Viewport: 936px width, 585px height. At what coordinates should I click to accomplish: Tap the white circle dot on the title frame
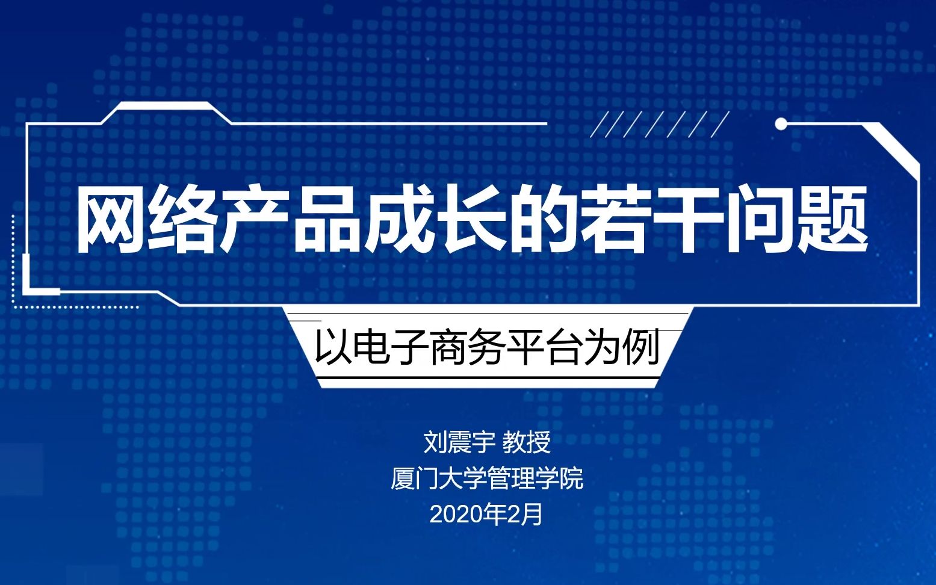pos(781,124)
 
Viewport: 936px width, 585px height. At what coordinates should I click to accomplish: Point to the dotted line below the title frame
pos(75,307)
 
